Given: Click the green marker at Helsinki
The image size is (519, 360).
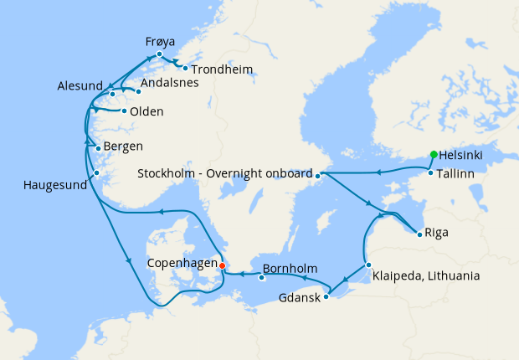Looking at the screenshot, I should pyautogui.click(x=433, y=154).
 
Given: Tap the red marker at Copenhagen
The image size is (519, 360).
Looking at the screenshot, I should pyautogui.click(x=222, y=265).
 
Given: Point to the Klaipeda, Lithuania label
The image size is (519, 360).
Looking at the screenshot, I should pyautogui.click(x=427, y=275).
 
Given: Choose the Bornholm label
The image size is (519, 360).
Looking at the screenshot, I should pyautogui.click(x=290, y=270).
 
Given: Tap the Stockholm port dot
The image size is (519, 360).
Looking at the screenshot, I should pyautogui.click(x=318, y=174).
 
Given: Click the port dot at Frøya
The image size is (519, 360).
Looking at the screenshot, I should pyautogui.click(x=159, y=54).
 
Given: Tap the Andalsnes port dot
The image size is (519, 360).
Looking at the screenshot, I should pyautogui.click(x=138, y=91).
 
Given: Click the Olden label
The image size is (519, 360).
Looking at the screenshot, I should pyautogui.click(x=146, y=112).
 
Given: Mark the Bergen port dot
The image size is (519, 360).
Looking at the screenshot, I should pyautogui.click(x=98, y=149).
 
